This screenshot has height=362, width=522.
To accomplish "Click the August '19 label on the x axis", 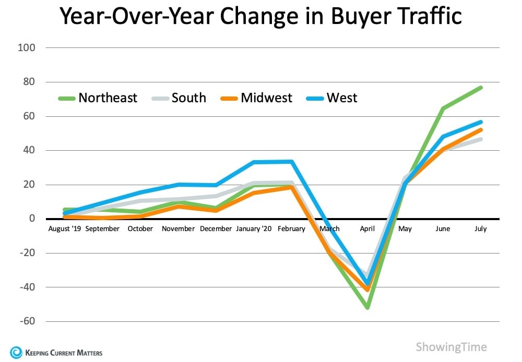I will pyautogui.click(x=65, y=228).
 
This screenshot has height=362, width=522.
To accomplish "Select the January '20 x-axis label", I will pyautogui.click(x=254, y=228).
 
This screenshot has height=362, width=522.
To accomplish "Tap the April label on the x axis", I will pyautogui.click(x=367, y=228).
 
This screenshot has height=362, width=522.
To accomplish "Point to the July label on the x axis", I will pyautogui.click(x=481, y=228).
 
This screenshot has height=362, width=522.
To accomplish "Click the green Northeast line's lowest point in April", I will pyautogui.click(x=367, y=308).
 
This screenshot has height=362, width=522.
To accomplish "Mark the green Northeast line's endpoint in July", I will pyautogui.click(x=481, y=87).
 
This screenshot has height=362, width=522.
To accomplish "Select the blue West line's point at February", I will pyautogui.click(x=291, y=162).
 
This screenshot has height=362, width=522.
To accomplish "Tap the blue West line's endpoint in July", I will pyautogui.click(x=481, y=122).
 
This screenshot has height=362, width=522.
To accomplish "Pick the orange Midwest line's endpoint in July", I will pyautogui.click(x=481, y=130).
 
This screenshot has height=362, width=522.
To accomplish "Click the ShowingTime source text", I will pyautogui.click(x=451, y=347).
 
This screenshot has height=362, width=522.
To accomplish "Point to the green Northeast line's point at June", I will pyautogui.click(x=443, y=108).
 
